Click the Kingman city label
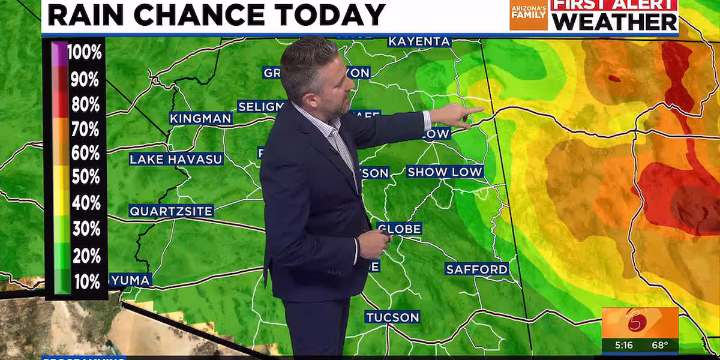point(200,118)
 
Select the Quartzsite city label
point(171,211)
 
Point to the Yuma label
point(131,280)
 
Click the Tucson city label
point(393,317)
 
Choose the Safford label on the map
point(477,269)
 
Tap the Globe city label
point(399,229)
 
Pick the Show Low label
point(445,172)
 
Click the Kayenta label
point(419,41)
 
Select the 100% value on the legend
point(85,53)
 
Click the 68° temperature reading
point(662,346)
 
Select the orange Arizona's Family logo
point(529,14)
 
